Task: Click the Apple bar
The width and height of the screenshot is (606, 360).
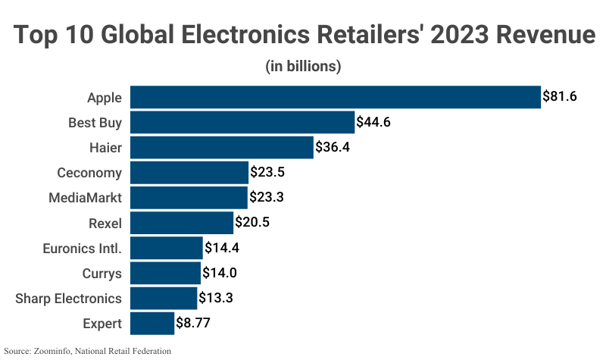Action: [336, 97]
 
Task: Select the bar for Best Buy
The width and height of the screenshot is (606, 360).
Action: [242, 122]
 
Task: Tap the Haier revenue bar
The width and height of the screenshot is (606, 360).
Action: [222, 147]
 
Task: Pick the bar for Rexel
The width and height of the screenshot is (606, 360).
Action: [182, 223]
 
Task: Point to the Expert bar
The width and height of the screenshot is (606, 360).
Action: [152, 324]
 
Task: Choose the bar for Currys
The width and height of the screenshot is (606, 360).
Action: [165, 273]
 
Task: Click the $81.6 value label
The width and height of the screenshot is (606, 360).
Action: [560, 97]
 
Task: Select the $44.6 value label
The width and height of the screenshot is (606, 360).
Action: [373, 122]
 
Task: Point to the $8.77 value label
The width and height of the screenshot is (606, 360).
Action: [193, 324]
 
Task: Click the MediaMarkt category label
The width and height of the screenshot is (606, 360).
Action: [85, 198]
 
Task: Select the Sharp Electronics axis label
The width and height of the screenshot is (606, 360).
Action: [68, 299]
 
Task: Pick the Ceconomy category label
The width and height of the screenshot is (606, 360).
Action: [89, 173]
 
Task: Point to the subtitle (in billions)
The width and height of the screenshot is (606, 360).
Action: [303, 67]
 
